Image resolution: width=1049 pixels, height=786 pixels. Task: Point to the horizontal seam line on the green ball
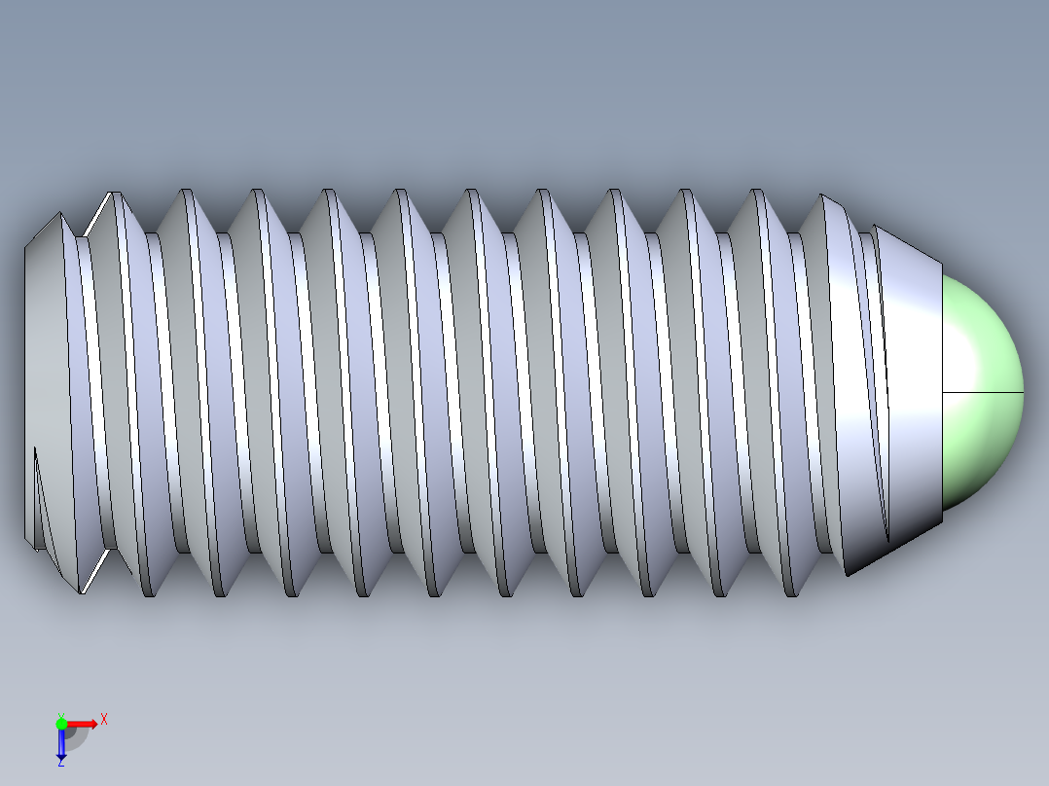tap(983, 392)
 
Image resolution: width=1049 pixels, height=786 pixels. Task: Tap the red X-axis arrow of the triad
tap(84, 723)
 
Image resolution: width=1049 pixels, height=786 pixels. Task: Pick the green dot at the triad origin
tap(61, 723)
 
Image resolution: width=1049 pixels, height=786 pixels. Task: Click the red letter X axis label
tap(103, 719)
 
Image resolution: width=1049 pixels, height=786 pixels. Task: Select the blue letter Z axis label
tap(60, 762)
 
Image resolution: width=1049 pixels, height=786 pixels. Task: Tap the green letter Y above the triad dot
tap(60, 715)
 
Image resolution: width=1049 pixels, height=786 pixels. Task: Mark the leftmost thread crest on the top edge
tap(116, 195)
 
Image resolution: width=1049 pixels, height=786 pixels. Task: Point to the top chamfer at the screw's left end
tap(44, 230)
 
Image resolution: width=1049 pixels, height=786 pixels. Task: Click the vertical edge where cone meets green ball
tap(942, 389)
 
